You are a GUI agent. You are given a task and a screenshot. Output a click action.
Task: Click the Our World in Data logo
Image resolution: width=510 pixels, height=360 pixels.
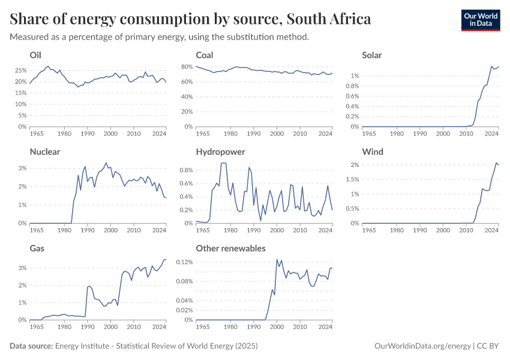coord(480,20)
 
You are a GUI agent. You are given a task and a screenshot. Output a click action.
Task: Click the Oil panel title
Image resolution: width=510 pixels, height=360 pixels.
coord(35,55)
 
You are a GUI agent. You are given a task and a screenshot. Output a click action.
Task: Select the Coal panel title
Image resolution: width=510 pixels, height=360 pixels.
coord(205,55)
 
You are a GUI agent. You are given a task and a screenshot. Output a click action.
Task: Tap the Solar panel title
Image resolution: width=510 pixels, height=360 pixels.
coord(372,55)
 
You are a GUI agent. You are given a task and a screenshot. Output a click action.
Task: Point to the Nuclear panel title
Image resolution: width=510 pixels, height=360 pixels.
coord(45,152)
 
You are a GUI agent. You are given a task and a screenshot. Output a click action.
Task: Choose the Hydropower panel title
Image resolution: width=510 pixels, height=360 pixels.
coord(220,152)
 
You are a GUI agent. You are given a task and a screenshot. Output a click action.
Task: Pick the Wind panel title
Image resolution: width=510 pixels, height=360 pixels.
coord(373,152)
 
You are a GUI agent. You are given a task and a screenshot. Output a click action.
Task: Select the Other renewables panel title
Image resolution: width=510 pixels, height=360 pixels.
coord(231,248)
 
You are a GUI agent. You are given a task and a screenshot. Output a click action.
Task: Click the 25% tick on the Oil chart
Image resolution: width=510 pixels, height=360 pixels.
coord(20,70)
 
